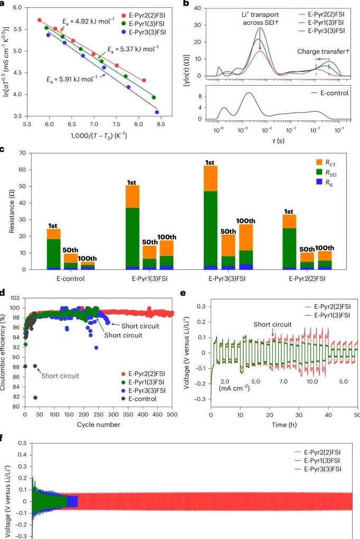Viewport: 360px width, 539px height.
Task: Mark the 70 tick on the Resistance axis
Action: [x=22, y=153]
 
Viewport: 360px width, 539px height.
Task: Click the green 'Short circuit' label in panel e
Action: [x=272, y=324]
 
